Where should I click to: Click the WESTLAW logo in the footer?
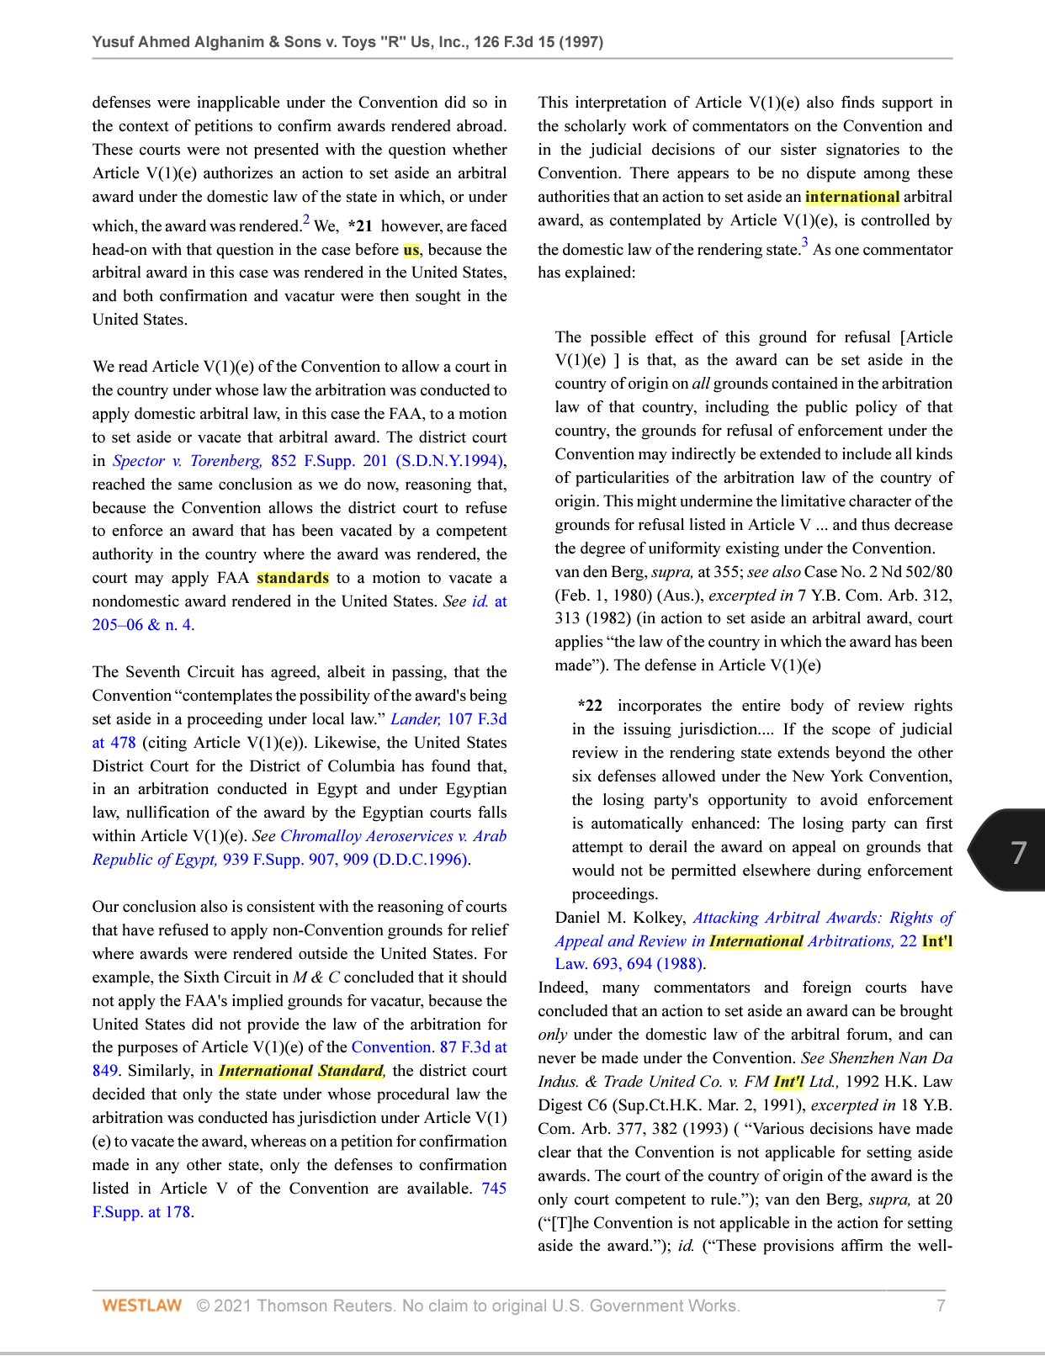(141, 1306)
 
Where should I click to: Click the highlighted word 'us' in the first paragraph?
(411, 250)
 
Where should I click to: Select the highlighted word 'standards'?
(293, 578)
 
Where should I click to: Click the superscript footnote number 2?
(306, 220)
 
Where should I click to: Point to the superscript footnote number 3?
(804, 244)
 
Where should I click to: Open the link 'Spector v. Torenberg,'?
(188, 461)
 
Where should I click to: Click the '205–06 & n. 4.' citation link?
(143, 625)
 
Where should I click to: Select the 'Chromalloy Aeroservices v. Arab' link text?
(393, 836)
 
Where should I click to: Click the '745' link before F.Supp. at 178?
(494, 1189)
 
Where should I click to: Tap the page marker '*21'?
(360, 226)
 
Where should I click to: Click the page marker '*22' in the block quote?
(591, 706)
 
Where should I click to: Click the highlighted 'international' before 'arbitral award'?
(851, 197)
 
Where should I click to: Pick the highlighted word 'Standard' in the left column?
(351, 1071)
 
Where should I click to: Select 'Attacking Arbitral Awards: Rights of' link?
(823, 918)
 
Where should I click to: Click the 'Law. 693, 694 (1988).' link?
(630, 965)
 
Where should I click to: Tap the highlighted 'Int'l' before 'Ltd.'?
(788, 1082)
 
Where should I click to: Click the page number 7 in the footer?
(941, 1306)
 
